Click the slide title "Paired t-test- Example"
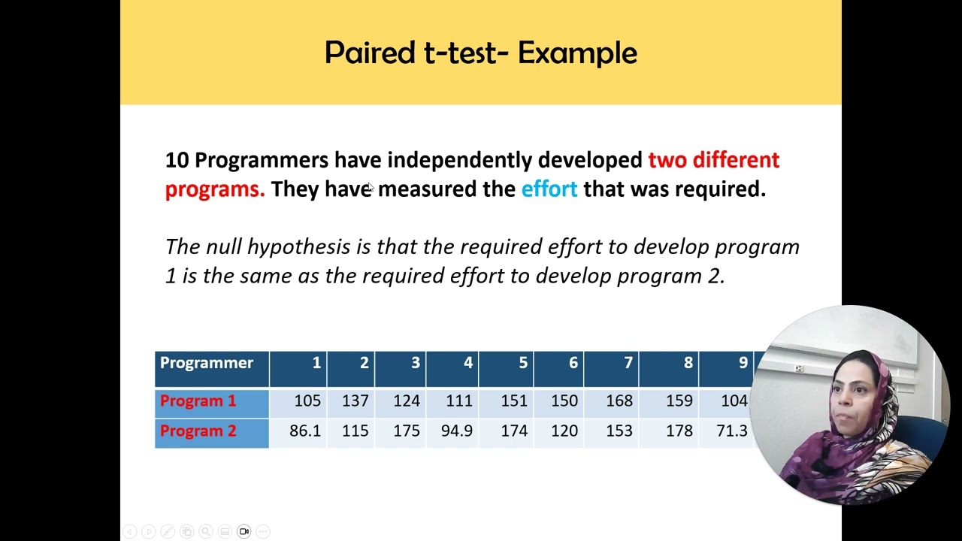[480, 53]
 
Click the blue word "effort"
[549, 189]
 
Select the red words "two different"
[713, 160]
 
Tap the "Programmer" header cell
[207, 363]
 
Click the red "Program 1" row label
[198, 401]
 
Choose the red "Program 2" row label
[198, 431]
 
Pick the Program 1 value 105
[307, 401]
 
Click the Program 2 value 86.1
[305, 431]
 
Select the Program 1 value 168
[619, 401]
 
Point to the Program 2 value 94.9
[457, 431]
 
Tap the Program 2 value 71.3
[732, 431]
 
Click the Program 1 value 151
[514, 401]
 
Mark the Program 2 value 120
[564, 431]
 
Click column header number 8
[688, 363]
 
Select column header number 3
[415, 363]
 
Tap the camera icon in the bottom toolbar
[244, 531]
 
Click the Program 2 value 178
[679, 431]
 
